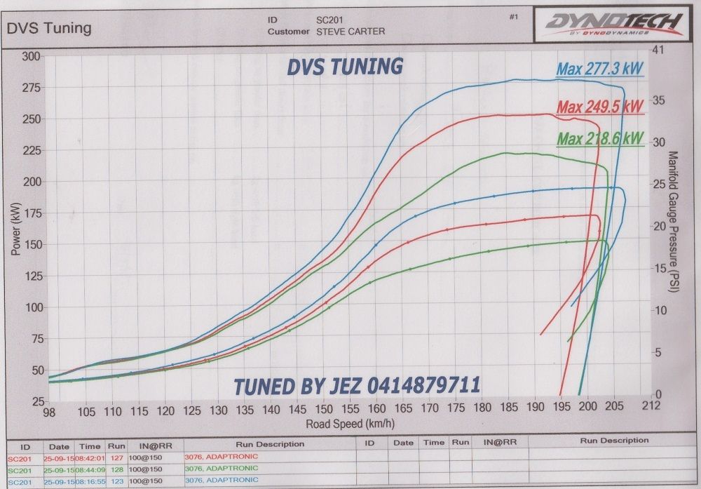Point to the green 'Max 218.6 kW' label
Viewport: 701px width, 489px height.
point(600,138)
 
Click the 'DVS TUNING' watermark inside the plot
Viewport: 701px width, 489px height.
point(345,67)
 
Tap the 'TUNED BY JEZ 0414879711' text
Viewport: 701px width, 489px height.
point(357,385)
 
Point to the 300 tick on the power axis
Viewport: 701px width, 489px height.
point(31,56)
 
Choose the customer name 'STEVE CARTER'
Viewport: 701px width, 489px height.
point(350,32)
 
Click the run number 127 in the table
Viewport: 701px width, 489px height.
point(114,457)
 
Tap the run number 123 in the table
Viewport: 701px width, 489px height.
point(114,482)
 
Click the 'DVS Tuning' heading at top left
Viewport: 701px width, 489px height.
point(49,28)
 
